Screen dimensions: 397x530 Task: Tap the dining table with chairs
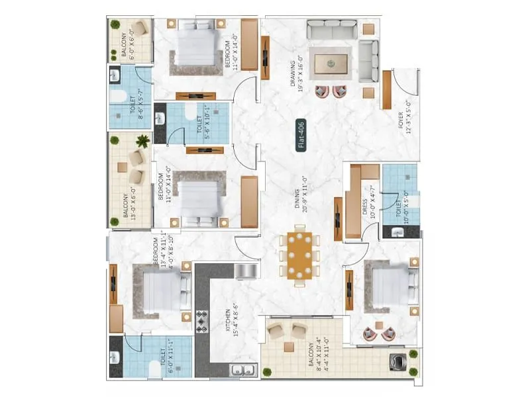[301, 255]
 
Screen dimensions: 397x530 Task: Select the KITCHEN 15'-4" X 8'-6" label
[227, 323]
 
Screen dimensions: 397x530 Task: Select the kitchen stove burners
[202, 321]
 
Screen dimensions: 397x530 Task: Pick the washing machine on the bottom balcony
[401, 363]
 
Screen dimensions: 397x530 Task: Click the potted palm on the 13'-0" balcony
[142, 140]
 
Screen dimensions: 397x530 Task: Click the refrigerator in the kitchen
[244, 271]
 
